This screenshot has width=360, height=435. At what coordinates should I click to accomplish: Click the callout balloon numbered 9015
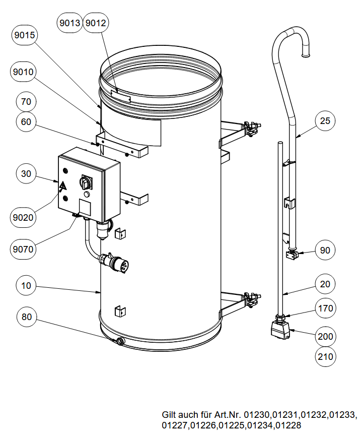click(x=25, y=35)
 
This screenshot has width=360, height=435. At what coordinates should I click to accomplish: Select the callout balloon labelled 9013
click(x=69, y=23)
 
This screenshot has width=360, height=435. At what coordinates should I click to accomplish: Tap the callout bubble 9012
click(x=96, y=23)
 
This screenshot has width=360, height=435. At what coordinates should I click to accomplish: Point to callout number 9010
click(x=23, y=72)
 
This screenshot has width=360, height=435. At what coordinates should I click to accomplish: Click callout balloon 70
click(x=26, y=101)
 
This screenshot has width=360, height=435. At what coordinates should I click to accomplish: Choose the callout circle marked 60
click(x=26, y=122)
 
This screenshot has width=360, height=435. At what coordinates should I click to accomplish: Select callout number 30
click(x=26, y=174)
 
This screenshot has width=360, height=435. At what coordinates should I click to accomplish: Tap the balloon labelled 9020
click(x=23, y=217)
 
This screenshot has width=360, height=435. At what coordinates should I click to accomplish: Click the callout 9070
click(x=23, y=249)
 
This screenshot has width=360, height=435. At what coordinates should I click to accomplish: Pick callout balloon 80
click(x=26, y=317)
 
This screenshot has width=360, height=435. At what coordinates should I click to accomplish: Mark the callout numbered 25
click(x=325, y=120)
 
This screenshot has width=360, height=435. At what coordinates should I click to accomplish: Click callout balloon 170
click(x=325, y=308)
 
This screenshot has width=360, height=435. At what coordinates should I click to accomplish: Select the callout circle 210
click(x=325, y=356)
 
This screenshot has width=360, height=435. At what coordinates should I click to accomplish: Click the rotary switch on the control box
click(x=85, y=182)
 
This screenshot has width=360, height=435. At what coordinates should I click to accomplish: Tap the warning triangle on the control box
click(x=62, y=185)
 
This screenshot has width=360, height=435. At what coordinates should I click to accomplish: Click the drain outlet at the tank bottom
click(x=120, y=341)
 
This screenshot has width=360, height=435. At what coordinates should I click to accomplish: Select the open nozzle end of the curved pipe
click(x=305, y=55)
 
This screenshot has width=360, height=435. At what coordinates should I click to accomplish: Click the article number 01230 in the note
click(x=257, y=415)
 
